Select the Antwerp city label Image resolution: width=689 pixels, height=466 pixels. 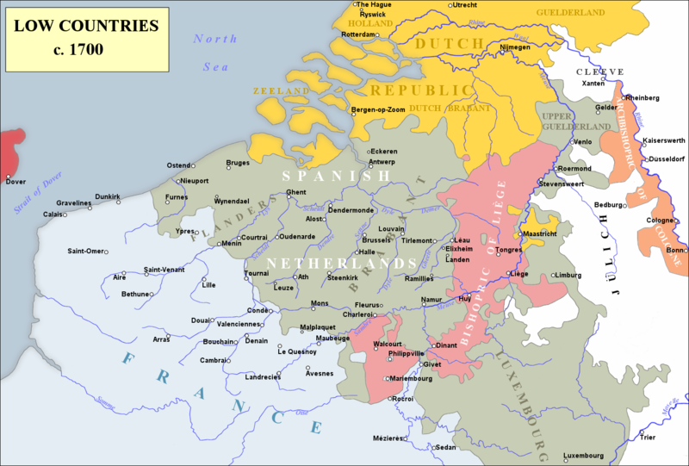pos(382,162)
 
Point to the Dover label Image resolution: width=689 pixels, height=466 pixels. pos(16,182)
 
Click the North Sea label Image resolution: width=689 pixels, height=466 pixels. pos(214,53)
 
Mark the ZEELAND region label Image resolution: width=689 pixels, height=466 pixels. pos(280,90)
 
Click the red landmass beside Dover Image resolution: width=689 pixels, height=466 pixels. pos(10,150)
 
